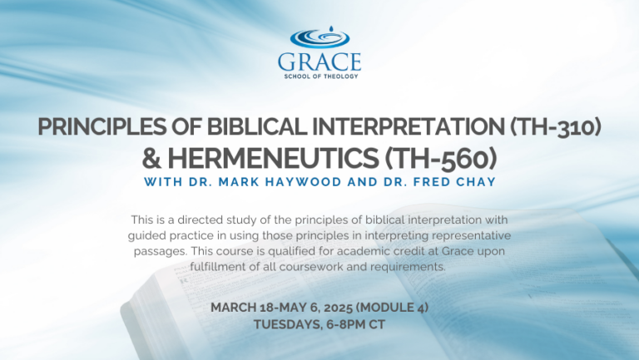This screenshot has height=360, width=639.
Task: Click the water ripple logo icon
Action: (x=319, y=37)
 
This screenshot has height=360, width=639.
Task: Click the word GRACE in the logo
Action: (x=319, y=62)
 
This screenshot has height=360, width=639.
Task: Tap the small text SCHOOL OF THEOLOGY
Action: (x=321, y=76)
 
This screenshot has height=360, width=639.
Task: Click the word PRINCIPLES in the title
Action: (x=102, y=126)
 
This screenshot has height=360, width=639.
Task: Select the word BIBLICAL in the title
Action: (x=257, y=126)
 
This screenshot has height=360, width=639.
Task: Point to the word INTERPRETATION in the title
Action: (x=409, y=126)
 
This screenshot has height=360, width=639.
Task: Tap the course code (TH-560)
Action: (x=440, y=159)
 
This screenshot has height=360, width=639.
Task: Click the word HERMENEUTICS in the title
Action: (x=273, y=158)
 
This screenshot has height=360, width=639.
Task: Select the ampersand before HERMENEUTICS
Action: (x=151, y=159)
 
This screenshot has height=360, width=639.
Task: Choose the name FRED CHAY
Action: (x=454, y=181)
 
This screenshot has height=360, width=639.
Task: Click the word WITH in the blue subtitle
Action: (x=162, y=181)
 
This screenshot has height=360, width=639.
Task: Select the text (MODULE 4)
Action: (x=392, y=308)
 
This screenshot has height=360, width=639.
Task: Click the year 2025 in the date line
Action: (x=339, y=308)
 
